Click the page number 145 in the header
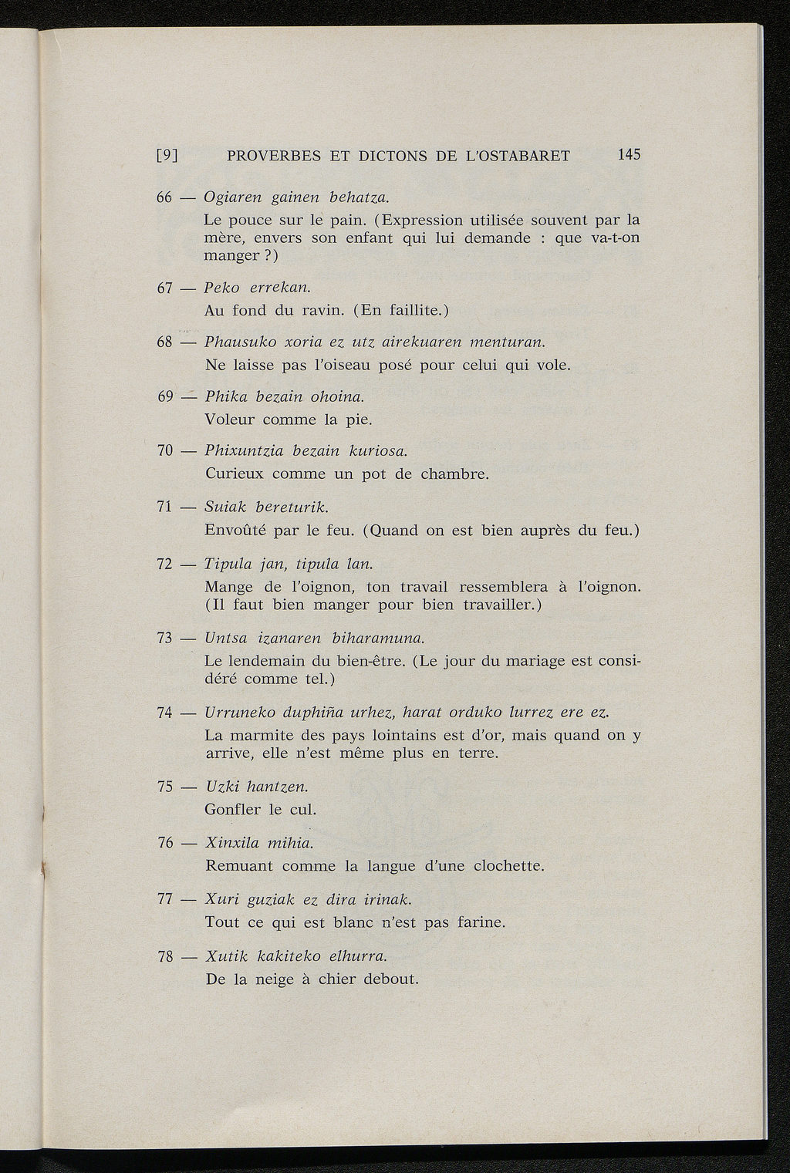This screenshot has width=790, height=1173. point(629,154)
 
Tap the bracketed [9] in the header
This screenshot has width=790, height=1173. point(167,155)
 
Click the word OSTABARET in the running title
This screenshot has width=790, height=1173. point(525,155)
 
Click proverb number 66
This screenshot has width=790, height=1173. point(164,197)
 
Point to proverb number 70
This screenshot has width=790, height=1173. point(164,450)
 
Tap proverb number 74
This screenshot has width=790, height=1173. point(164,713)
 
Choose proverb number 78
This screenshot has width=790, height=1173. point(164,957)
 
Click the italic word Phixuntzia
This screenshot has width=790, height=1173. point(244,450)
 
